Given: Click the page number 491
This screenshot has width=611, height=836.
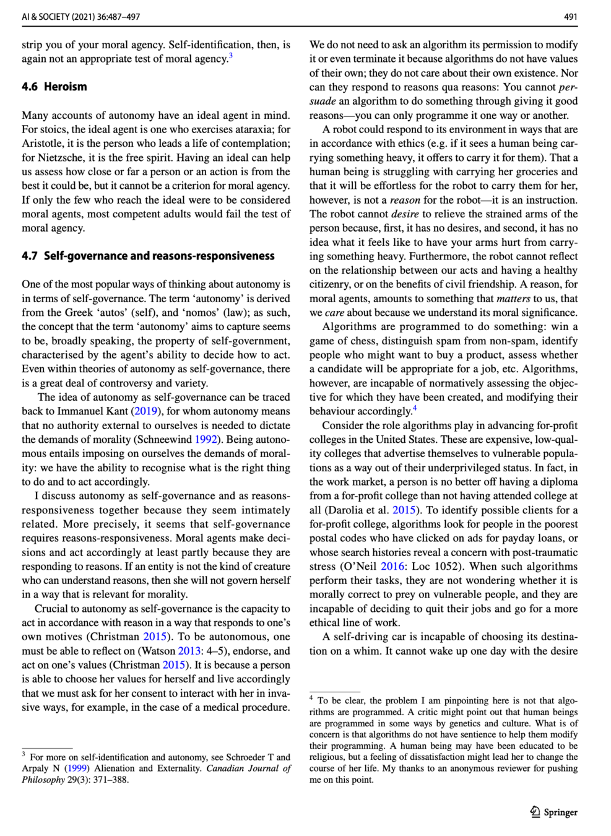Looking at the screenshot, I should (570, 17).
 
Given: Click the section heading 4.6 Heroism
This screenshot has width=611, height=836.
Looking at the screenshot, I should (54, 87).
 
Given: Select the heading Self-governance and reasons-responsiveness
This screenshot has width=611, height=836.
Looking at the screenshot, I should (159, 256).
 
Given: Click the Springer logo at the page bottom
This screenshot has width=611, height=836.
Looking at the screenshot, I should (554, 812).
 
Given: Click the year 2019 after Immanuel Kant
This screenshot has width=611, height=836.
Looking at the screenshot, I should (146, 411).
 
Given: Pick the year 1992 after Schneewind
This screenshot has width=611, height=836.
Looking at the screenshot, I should (206, 440).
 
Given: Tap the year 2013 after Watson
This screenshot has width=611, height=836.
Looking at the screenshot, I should (189, 651).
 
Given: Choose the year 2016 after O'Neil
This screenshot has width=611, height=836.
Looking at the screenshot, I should (392, 566).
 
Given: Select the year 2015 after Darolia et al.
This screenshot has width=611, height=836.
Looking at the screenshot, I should (404, 510).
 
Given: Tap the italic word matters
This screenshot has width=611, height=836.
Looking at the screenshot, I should (513, 298).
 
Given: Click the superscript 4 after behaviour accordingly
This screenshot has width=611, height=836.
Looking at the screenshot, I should (415, 408).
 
